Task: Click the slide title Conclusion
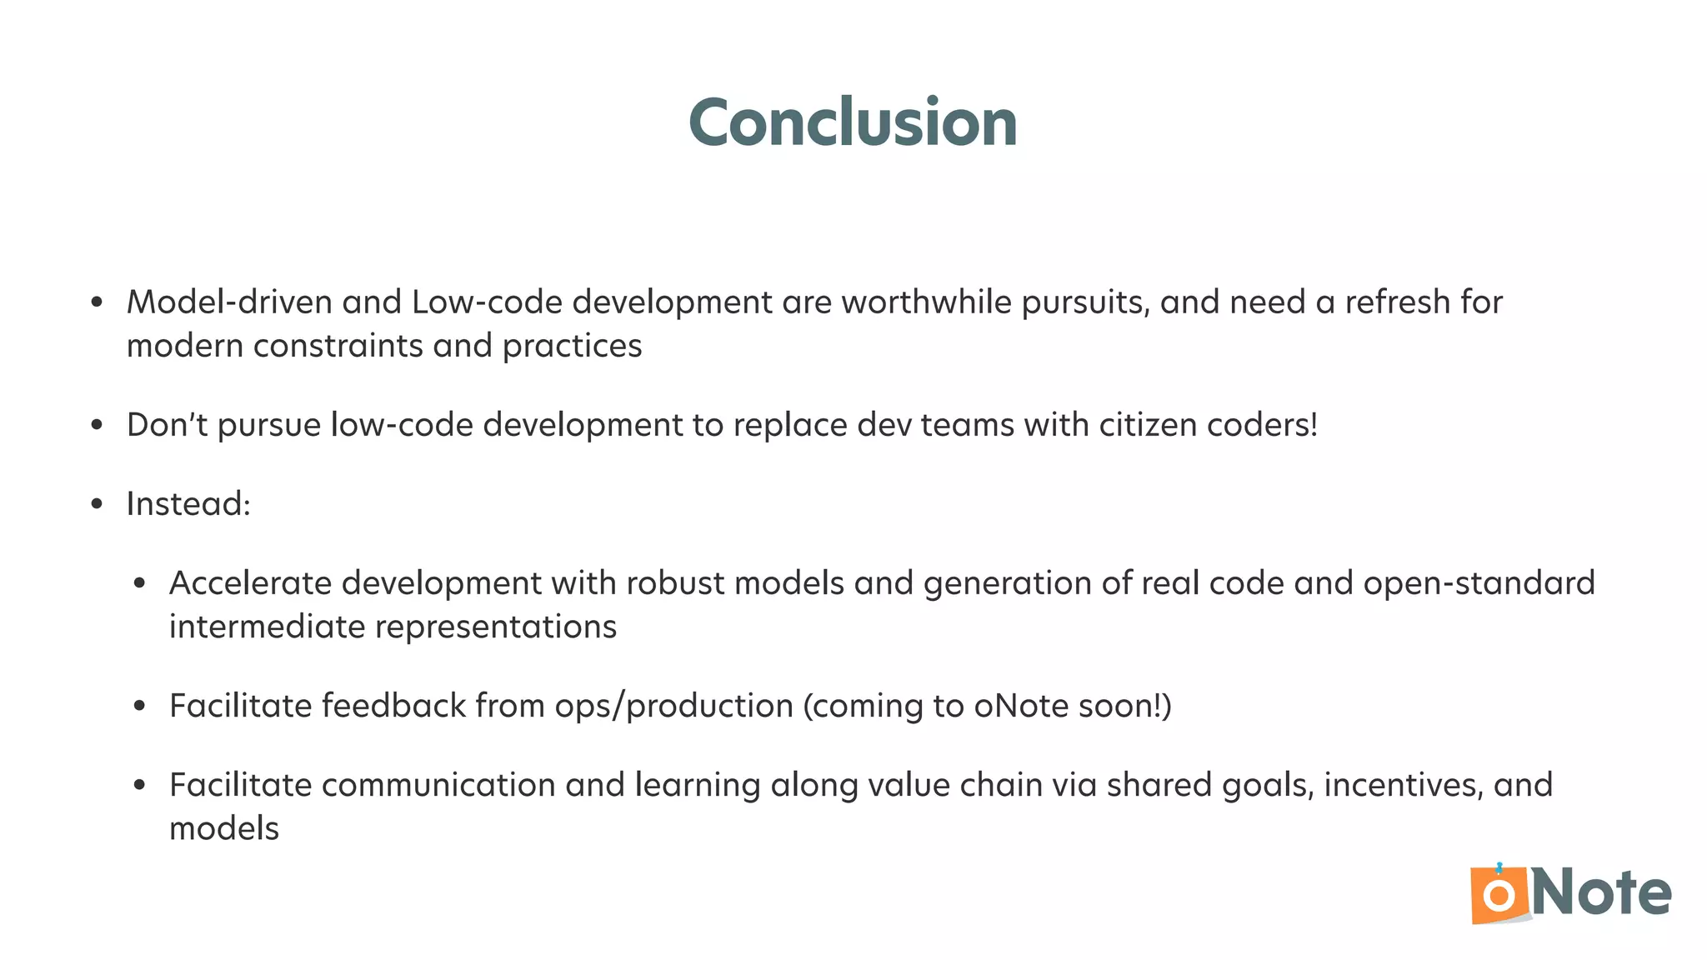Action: point(853,123)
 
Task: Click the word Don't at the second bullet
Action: point(167,425)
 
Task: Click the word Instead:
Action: point(188,504)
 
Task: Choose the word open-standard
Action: point(1479,583)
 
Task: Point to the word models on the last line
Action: point(224,829)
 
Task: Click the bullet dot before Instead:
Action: point(98,504)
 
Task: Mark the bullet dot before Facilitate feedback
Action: point(140,707)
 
